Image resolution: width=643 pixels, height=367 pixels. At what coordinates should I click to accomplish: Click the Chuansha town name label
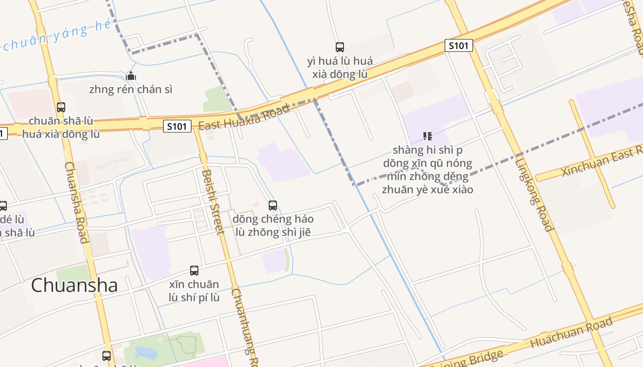pos(74,285)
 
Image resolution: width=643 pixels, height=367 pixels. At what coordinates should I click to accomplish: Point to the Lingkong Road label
pos(533,193)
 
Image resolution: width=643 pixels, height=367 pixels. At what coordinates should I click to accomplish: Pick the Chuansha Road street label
pos(76,202)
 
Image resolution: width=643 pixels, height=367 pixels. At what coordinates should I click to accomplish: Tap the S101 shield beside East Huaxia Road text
pos(177,126)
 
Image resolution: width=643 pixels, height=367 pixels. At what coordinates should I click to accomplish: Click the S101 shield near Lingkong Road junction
pos(458,45)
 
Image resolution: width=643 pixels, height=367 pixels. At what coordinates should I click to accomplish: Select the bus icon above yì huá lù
pos(340,47)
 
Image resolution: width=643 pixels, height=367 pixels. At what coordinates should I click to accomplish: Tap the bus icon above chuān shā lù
pos(61,107)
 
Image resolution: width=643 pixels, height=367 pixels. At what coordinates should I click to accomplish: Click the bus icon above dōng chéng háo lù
pos(273,205)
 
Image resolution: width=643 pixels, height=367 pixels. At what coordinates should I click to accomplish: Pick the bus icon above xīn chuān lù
pos(194,271)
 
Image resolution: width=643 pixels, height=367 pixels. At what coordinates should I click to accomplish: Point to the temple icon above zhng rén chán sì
pos(131,76)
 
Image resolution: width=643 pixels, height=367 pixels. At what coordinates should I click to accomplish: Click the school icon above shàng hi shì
pos(428,136)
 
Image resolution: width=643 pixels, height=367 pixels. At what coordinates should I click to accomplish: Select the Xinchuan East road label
pos(602,161)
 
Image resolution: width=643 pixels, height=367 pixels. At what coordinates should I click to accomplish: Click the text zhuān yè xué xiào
pos(427,189)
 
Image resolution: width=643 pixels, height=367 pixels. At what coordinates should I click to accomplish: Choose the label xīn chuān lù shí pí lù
pos(194,291)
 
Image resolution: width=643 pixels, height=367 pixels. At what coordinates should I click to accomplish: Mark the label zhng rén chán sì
pos(131,89)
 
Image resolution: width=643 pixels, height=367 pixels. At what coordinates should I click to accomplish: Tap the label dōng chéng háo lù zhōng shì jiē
pos(273,225)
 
